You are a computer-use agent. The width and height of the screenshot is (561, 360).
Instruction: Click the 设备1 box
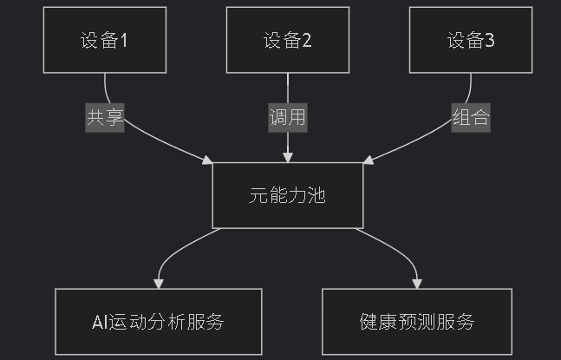pos(104,40)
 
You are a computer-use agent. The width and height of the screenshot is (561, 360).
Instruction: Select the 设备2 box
pos(287,40)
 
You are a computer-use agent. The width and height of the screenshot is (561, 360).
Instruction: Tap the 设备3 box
pos(471,40)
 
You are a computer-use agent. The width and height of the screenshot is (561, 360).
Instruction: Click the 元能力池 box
pos(287,195)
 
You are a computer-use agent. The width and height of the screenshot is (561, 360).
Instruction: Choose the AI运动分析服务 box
pos(158,322)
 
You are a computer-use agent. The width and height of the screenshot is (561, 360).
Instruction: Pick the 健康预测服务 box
pos(417,322)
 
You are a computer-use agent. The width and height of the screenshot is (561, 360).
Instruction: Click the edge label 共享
pos(105,118)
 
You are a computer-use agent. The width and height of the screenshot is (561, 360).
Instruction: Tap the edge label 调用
pos(287,118)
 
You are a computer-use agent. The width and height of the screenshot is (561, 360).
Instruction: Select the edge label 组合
pos(471,118)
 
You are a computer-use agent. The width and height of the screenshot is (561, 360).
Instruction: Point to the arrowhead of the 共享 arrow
pos(207,160)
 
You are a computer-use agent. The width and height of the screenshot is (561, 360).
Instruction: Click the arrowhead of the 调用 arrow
pos(287,158)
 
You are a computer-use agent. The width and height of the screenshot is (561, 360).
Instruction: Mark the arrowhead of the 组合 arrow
pos(368,160)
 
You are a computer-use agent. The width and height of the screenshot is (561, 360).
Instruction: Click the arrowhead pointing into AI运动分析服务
pos(158,284)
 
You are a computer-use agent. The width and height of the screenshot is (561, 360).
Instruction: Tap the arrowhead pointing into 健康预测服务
pos(417,284)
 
